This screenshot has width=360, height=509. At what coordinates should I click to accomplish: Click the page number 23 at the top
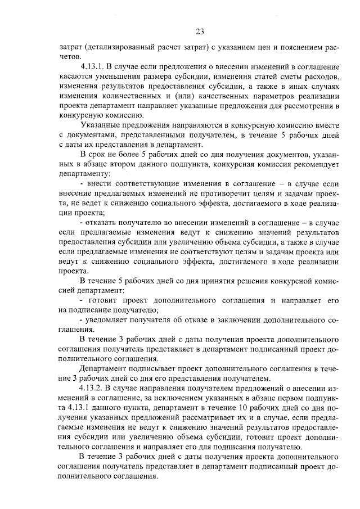[x=200, y=31]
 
